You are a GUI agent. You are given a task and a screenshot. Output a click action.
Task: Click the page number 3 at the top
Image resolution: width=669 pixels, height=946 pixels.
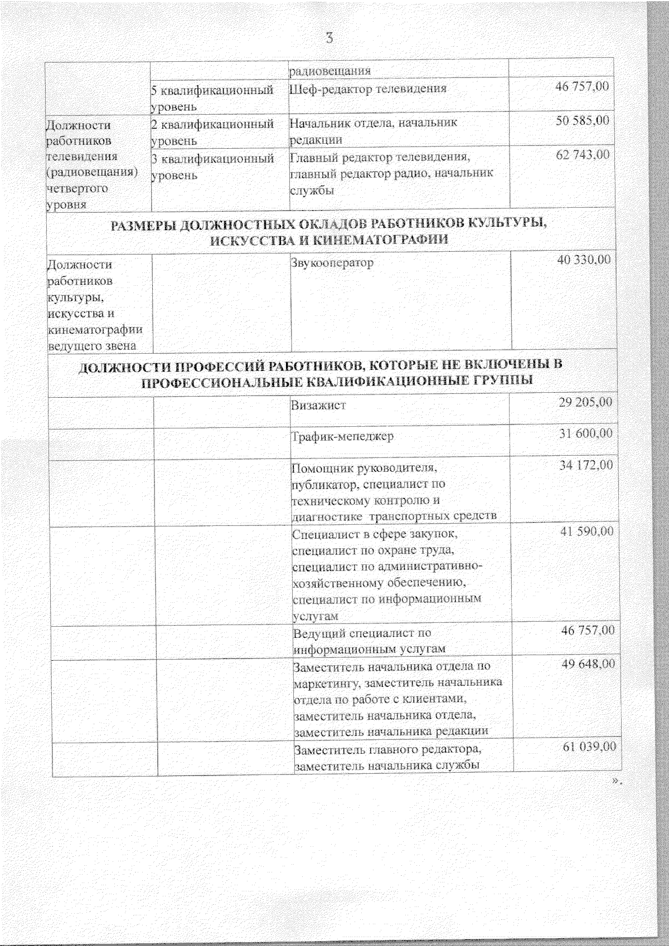(329, 38)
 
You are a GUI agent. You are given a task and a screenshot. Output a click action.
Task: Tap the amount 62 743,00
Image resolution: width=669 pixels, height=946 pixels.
(583, 154)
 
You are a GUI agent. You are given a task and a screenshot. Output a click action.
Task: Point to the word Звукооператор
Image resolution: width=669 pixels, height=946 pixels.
(332, 262)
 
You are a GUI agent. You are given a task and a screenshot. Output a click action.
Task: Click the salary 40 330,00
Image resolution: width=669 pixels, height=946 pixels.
(584, 260)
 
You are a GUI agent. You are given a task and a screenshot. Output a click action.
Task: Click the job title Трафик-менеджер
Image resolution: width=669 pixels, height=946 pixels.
(343, 436)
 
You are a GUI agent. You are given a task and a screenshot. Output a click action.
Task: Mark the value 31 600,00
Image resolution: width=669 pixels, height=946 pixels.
(586, 433)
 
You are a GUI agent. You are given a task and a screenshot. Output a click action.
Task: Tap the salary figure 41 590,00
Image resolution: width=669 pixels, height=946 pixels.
(587, 531)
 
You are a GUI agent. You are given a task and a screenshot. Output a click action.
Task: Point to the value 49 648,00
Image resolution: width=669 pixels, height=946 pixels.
(589, 664)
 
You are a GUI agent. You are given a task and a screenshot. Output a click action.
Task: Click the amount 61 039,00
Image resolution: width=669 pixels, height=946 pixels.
(589, 747)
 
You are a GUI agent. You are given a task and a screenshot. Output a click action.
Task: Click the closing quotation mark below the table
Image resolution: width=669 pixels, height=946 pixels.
(616, 781)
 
